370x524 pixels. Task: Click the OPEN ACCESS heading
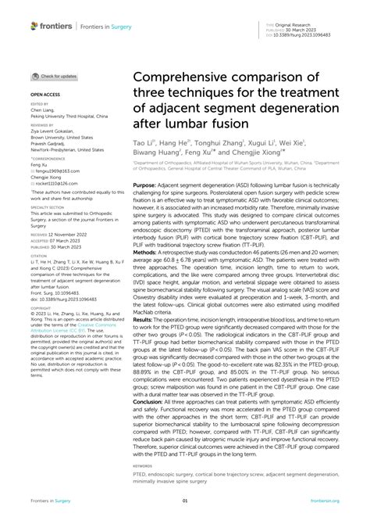pyautogui.click(x=44, y=92)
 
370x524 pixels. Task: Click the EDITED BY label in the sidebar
pyautogui.click(x=38, y=102)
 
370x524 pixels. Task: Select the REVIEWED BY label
pyautogui.click(x=41, y=124)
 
